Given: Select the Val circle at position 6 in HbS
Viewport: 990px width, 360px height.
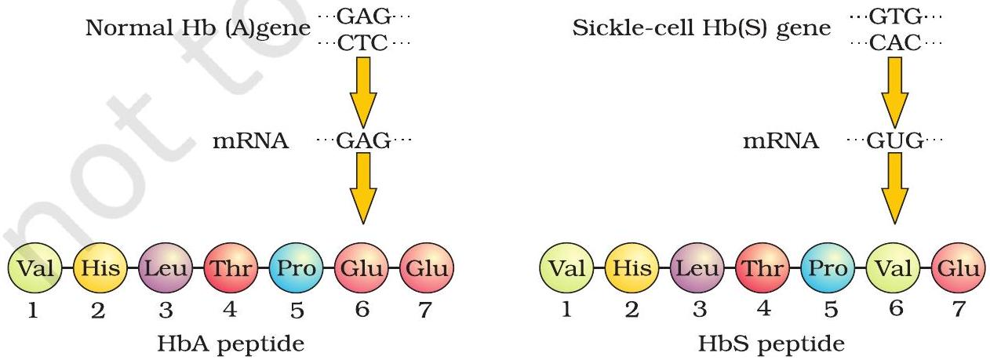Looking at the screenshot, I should pos(892,269).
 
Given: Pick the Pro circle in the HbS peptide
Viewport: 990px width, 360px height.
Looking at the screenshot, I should pos(826,269).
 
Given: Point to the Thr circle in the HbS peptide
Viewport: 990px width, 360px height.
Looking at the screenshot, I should pos(761,269).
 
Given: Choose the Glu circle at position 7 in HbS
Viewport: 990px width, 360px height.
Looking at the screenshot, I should pos(956,269).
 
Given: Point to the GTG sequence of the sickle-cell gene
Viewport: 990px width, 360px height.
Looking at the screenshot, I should pos(894,16).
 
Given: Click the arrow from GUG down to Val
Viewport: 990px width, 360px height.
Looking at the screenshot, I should pos(893,188).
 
